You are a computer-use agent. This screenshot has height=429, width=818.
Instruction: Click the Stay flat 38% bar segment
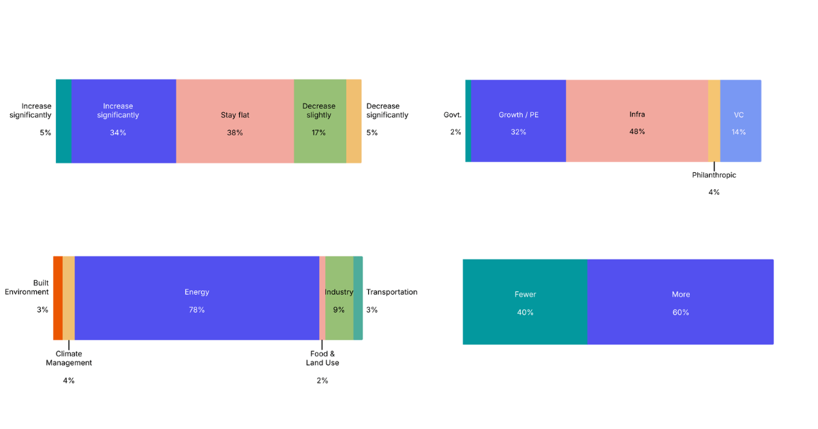point(235,121)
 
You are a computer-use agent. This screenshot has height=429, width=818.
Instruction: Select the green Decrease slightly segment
point(320,121)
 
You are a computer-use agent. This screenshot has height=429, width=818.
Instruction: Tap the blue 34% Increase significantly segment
point(123,121)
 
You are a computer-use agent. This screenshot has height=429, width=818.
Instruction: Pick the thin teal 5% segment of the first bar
point(63,121)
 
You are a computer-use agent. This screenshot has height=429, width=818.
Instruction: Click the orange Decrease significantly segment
point(354,121)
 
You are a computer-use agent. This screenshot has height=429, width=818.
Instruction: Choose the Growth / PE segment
point(518,121)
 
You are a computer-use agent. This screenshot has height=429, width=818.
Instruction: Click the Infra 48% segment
point(637,121)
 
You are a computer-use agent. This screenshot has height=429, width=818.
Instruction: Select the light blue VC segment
point(740,121)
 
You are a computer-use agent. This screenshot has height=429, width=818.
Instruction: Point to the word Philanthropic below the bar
point(714,175)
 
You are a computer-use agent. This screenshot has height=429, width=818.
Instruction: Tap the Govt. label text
point(453,115)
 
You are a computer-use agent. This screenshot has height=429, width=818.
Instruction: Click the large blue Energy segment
point(196,298)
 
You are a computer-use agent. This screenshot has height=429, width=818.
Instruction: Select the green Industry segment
point(339,298)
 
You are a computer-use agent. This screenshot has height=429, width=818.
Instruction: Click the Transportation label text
point(391,292)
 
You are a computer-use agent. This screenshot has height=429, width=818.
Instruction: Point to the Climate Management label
point(69,358)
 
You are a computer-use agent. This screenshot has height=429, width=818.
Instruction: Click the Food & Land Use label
point(322,358)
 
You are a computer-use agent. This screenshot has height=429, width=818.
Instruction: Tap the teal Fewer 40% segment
point(525,302)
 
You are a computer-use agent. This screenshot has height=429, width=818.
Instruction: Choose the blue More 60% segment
point(680,302)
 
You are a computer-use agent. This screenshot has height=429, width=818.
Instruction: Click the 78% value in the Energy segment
point(196,310)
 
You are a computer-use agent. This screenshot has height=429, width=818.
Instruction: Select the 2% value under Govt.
point(455,132)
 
